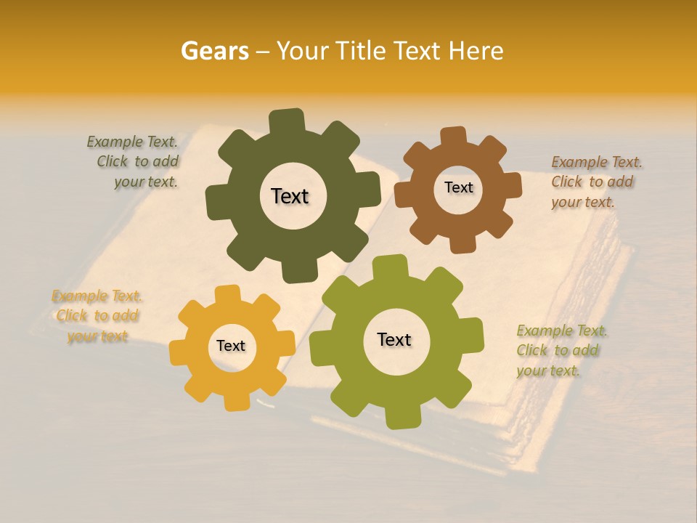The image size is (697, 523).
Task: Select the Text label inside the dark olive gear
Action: pos(290,196)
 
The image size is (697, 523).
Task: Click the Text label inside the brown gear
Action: pos(458,187)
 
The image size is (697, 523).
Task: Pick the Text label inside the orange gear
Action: pos(231,346)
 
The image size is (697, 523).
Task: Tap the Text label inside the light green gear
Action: pos(394,339)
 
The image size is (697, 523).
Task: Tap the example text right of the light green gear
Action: pos(560,350)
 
